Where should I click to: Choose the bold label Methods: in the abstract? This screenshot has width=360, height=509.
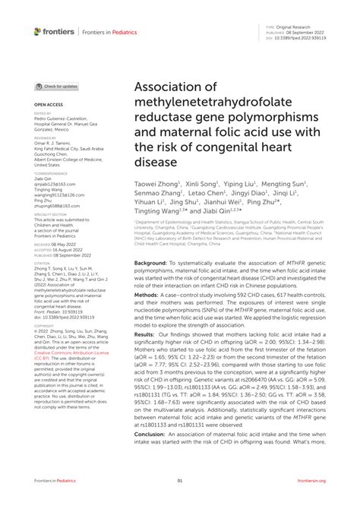point(150,293)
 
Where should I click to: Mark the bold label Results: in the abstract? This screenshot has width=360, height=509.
point(149,334)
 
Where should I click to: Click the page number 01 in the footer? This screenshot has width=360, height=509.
point(180,480)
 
